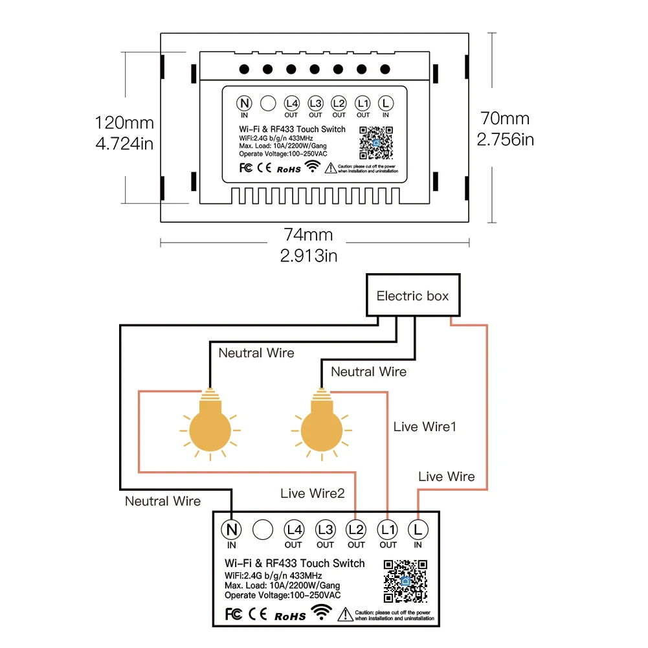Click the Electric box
(412, 296)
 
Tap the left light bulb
(209, 428)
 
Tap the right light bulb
(322, 428)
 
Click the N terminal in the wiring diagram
(232, 530)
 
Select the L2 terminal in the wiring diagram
(356, 530)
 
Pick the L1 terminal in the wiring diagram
(388, 530)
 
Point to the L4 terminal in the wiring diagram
(294, 530)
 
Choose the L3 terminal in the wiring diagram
(325, 530)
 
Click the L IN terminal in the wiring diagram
(418, 530)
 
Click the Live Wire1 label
(425, 427)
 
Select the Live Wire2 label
(313, 493)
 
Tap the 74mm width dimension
(309, 234)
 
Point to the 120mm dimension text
(124, 122)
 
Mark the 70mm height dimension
(505, 118)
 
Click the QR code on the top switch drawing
(376, 142)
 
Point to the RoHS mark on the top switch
(289, 169)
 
